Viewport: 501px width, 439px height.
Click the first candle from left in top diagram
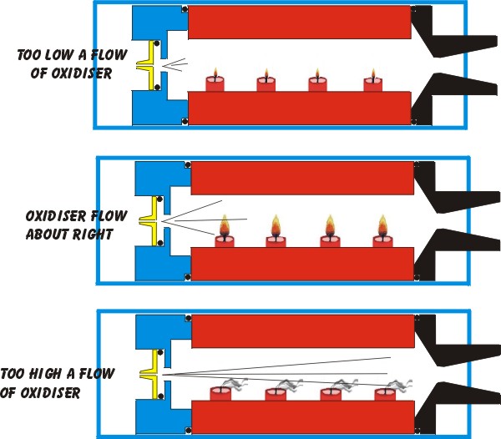coord(215,83)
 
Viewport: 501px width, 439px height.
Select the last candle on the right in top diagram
coord(372,83)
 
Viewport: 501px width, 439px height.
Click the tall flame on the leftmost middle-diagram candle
coord(225,225)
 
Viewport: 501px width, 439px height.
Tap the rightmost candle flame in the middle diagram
coord(382,225)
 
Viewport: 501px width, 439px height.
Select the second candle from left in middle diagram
coord(276,240)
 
